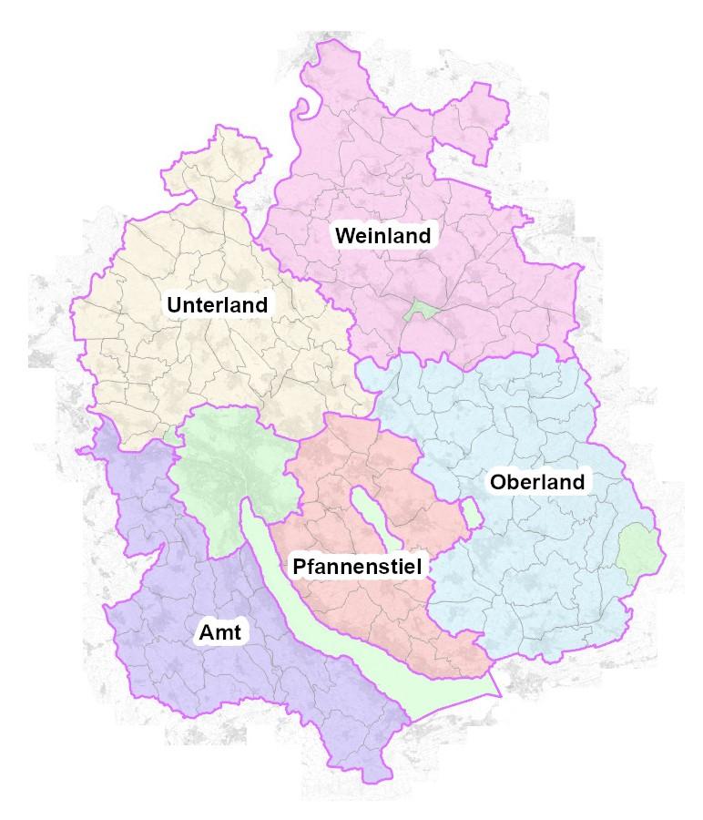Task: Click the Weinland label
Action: point(382,236)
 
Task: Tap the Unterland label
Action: point(218,304)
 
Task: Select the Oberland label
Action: point(536,482)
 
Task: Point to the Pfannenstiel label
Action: point(357,567)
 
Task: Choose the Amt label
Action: point(219,633)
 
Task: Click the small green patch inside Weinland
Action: point(420,310)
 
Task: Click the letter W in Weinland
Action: point(344,236)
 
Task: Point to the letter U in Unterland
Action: point(173,304)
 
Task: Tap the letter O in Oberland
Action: point(497,482)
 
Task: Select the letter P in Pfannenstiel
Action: point(299,567)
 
